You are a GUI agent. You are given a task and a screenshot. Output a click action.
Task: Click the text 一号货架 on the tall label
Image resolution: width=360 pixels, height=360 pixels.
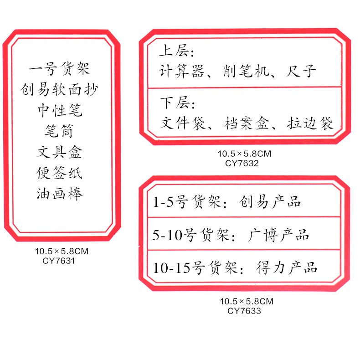click(59, 69)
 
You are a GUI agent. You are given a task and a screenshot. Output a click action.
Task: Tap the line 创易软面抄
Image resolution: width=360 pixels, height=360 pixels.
click(59, 90)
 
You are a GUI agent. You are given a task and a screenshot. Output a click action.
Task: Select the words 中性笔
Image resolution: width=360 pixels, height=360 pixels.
click(59, 111)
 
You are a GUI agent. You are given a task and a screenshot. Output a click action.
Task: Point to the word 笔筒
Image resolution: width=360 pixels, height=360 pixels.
click(59, 132)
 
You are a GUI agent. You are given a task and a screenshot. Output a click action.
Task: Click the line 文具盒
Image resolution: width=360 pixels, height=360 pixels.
click(59, 152)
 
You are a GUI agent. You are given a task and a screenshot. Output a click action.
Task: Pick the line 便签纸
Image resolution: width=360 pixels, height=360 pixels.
click(59, 173)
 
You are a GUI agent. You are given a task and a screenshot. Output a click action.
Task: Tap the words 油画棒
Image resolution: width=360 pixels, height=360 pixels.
click(59, 194)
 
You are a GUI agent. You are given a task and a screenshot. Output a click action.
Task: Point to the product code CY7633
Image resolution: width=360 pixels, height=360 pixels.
click(244, 311)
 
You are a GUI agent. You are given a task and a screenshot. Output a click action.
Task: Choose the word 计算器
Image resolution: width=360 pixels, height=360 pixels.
click(180, 71)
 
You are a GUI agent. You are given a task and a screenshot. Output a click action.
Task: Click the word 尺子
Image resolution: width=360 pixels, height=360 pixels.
click(302, 71)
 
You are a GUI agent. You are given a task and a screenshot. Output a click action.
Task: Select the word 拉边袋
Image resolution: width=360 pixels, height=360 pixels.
click(311, 123)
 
